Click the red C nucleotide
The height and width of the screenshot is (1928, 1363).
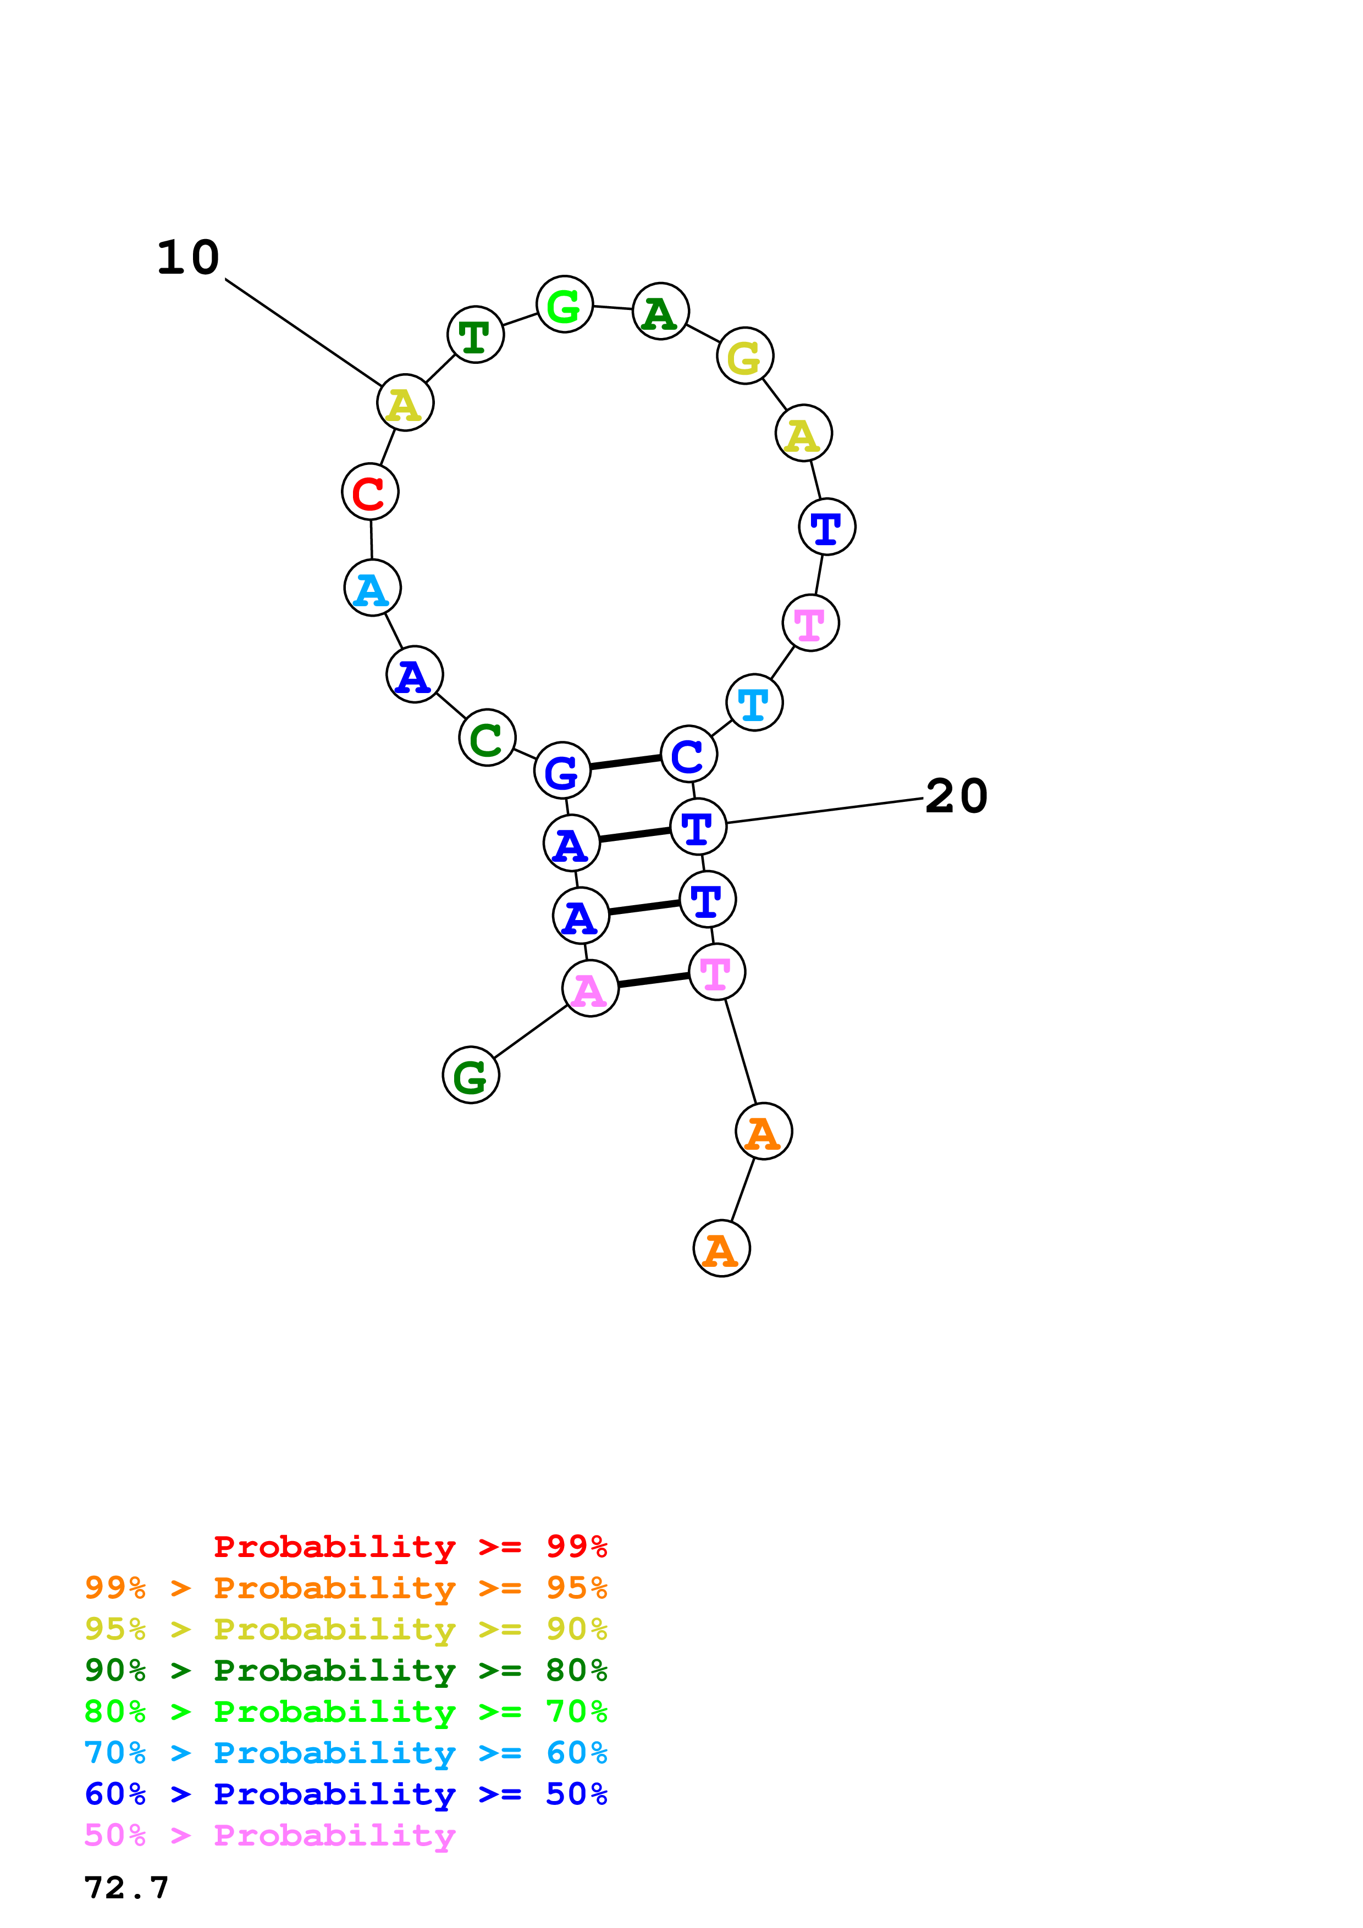tap(369, 491)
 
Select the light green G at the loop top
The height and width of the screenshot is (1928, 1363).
tap(564, 304)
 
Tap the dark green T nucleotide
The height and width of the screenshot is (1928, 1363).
tap(476, 335)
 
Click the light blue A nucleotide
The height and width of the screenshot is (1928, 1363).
tap(372, 588)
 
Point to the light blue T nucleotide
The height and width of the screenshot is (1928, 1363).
tap(754, 703)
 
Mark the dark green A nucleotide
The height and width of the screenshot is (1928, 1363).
tap(661, 312)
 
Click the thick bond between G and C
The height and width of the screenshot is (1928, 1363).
tap(626, 762)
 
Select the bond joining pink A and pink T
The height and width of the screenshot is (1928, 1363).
tap(653, 980)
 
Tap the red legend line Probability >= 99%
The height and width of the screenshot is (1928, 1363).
tap(410, 1546)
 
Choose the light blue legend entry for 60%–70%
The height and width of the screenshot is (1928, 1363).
tap(345, 1753)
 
